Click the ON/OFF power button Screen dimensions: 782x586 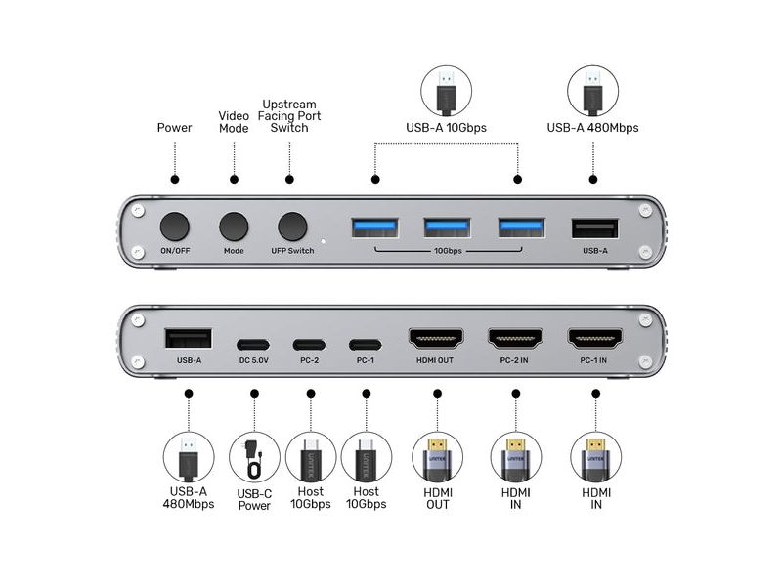coord(175,227)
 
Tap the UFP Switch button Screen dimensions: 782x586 coord(292,227)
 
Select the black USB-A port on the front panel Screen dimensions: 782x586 coord(595,229)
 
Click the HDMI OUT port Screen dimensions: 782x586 coord(436,339)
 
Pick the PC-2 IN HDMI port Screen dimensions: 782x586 coord(515,339)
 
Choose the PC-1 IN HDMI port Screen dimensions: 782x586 coord(595,339)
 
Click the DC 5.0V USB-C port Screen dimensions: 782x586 coord(253,345)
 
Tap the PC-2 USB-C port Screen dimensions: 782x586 coord(309,345)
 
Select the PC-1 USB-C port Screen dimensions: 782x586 coord(365,345)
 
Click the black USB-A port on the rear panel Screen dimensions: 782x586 coord(189,338)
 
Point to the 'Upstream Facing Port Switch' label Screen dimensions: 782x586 coord(289,116)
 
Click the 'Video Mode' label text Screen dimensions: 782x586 coord(234,122)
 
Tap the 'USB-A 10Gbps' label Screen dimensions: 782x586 coord(446,128)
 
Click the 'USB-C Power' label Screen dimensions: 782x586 coord(254,500)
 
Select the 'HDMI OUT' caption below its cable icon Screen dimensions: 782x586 coord(437,498)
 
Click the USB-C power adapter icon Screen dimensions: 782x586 coord(254,457)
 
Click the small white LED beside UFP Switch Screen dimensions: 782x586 coord(324,241)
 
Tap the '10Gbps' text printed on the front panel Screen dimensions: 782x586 coord(448,251)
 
